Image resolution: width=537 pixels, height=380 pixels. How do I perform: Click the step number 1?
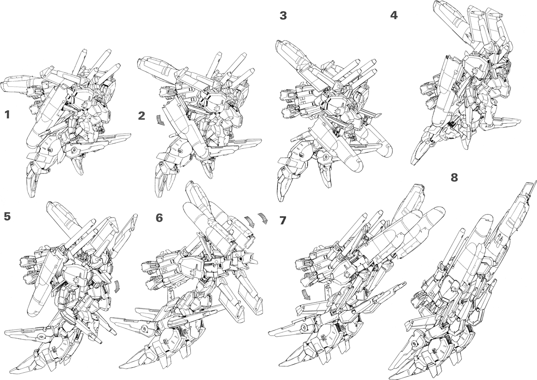tap(7, 115)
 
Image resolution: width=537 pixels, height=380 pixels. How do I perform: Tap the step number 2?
tap(142, 116)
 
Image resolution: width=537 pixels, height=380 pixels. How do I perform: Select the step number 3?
tap(283, 15)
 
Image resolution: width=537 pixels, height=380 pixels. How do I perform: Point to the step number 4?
tap(394, 15)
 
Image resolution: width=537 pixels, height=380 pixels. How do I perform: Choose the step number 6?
tap(160, 218)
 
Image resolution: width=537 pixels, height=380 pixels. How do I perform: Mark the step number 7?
tap(283, 220)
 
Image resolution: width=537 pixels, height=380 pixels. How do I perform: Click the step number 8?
tap(454, 177)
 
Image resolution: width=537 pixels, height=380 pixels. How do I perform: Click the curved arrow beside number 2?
tap(160, 121)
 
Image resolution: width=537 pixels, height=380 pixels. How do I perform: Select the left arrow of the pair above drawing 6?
tap(250, 221)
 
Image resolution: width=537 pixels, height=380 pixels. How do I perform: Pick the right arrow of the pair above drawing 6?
tap(264, 218)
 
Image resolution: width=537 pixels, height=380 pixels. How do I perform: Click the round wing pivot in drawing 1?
tap(73, 150)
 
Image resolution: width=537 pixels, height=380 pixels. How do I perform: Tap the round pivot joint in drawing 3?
tap(325, 158)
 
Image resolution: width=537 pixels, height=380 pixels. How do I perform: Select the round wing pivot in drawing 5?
tap(41, 337)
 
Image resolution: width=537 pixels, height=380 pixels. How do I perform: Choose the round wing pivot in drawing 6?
tap(144, 329)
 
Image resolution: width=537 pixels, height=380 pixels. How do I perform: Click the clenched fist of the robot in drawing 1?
tap(101, 130)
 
